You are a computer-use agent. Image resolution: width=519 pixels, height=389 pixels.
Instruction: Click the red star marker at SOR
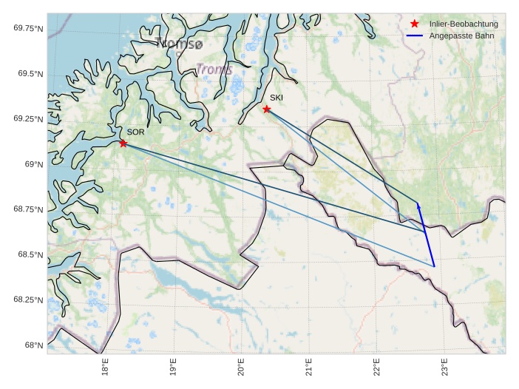(x=123, y=143)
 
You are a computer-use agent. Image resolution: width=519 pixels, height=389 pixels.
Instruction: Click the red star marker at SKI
(x=267, y=109)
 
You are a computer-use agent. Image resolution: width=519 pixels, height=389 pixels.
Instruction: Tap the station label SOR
(x=135, y=132)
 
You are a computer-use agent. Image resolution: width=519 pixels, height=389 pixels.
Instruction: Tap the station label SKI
(x=276, y=98)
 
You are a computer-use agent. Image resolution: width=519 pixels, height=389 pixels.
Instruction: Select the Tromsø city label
(x=179, y=44)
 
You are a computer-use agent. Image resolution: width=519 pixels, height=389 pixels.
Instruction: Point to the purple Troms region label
(x=214, y=70)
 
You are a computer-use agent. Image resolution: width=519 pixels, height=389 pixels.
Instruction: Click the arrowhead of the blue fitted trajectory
(x=418, y=204)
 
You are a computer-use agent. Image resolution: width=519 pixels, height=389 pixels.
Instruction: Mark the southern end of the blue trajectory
(x=434, y=266)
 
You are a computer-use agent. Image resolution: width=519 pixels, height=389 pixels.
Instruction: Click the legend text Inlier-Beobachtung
(x=464, y=24)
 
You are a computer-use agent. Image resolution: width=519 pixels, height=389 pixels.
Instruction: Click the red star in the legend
(x=415, y=24)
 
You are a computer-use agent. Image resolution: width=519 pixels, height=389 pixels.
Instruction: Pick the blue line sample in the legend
(x=415, y=35)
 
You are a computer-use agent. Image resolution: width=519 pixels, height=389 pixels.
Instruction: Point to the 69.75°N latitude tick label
(x=29, y=28)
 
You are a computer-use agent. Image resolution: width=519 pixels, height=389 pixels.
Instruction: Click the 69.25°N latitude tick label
(x=29, y=119)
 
